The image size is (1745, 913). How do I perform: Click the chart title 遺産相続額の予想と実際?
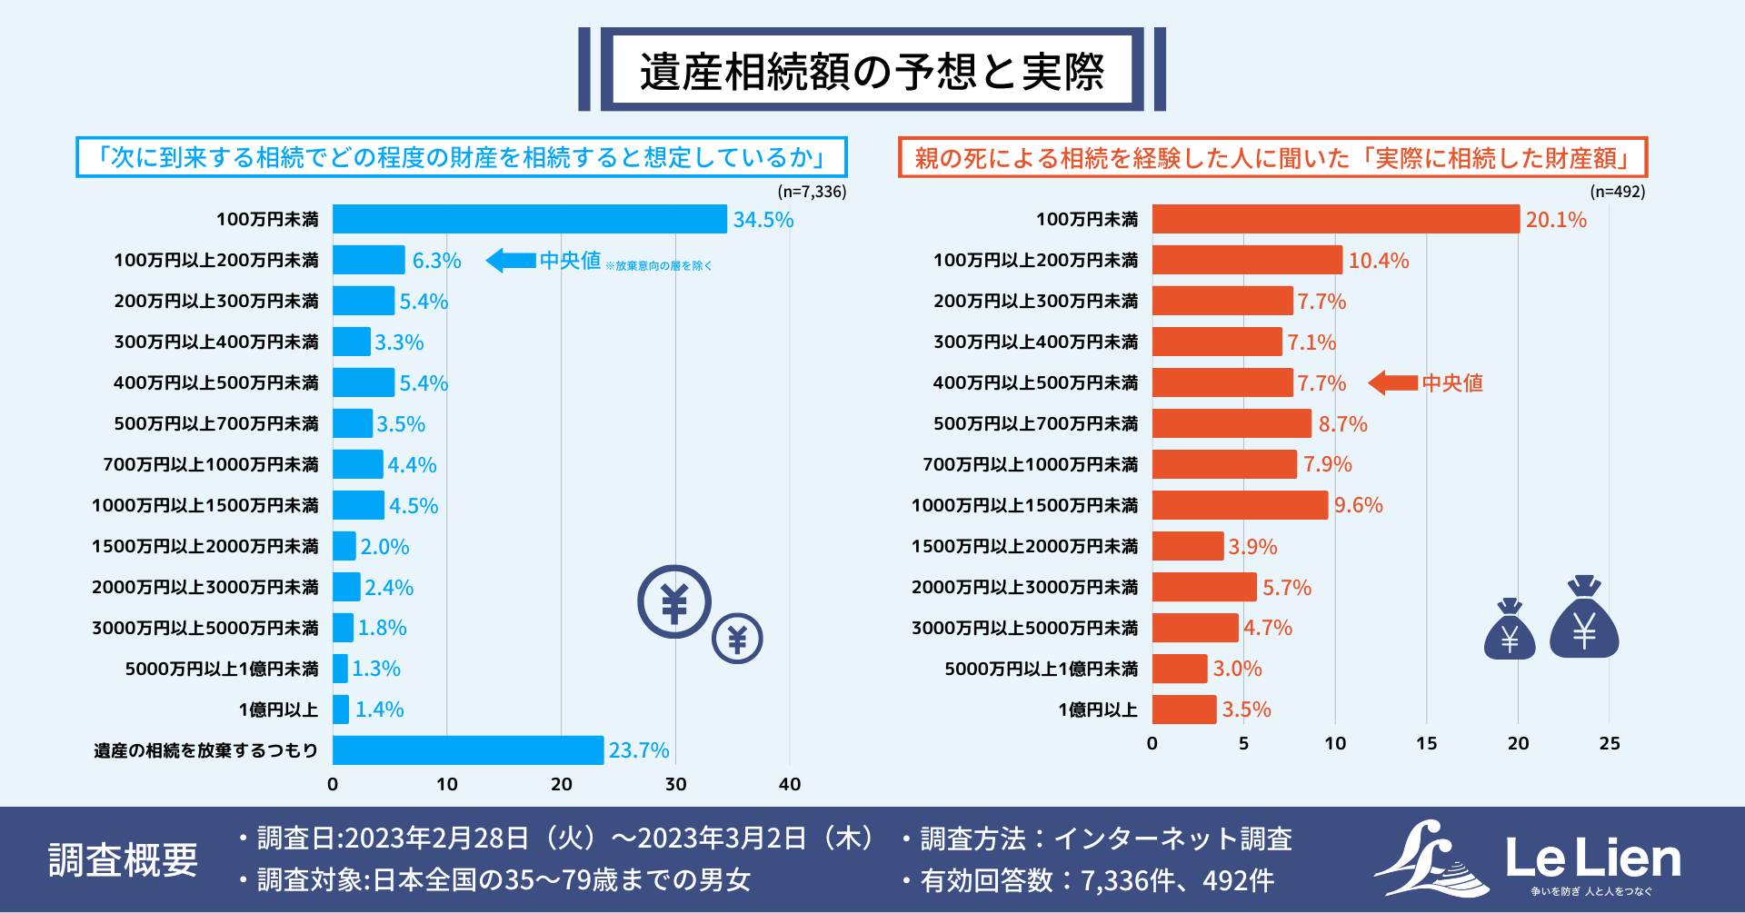(x=872, y=71)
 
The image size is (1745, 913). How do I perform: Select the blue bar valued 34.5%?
(x=529, y=219)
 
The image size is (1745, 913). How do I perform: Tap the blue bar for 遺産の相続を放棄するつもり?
(x=467, y=750)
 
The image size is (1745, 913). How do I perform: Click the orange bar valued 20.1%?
(x=1335, y=219)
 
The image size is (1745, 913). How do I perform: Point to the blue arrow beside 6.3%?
(x=511, y=261)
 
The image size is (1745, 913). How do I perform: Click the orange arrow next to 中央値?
(x=1392, y=382)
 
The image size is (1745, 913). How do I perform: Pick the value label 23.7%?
(x=638, y=750)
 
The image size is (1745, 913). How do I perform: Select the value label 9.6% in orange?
(x=1358, y=505)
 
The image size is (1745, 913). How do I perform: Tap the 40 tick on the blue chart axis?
(x=789, y=784)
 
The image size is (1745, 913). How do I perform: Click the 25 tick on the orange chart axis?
(x=1609, y=743)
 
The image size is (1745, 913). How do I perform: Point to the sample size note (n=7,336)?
(x=812, y=192)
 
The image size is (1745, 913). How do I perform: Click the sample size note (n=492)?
(x=1617, y=192)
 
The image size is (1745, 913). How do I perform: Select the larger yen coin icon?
(x=673, y=601)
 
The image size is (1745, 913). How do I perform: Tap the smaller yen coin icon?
(x=737, y=640)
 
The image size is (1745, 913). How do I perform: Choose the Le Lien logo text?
(x=1592, y=858)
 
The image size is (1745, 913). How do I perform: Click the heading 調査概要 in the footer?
(x=123, y=859)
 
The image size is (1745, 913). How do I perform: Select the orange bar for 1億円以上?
(x=1183, y=710)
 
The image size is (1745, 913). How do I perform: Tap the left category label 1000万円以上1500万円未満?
(x=205, y=505)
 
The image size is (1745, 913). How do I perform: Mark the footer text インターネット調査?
(x=1172, y=839)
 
